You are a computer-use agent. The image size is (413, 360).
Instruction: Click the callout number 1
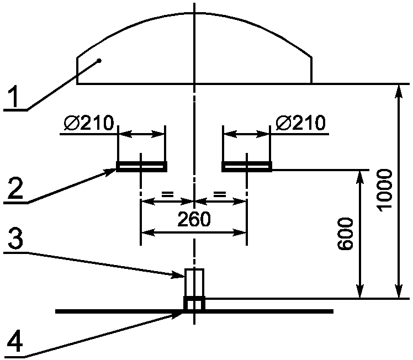tap(13, 98)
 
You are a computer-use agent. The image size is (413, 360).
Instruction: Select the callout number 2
tap(15, 189)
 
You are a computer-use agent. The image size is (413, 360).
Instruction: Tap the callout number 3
tap(15, 239)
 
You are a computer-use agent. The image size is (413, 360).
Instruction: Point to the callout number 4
tap(15, 342)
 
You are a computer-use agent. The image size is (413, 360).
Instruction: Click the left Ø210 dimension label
tap(89, 123)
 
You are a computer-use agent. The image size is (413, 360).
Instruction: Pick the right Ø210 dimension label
tap(300, 123)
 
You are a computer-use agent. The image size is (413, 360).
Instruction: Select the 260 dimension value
tap(194, 219)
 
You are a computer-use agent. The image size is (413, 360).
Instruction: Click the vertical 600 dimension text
tap(345, 234)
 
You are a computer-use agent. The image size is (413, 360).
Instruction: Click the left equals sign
tap(167, 194)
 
